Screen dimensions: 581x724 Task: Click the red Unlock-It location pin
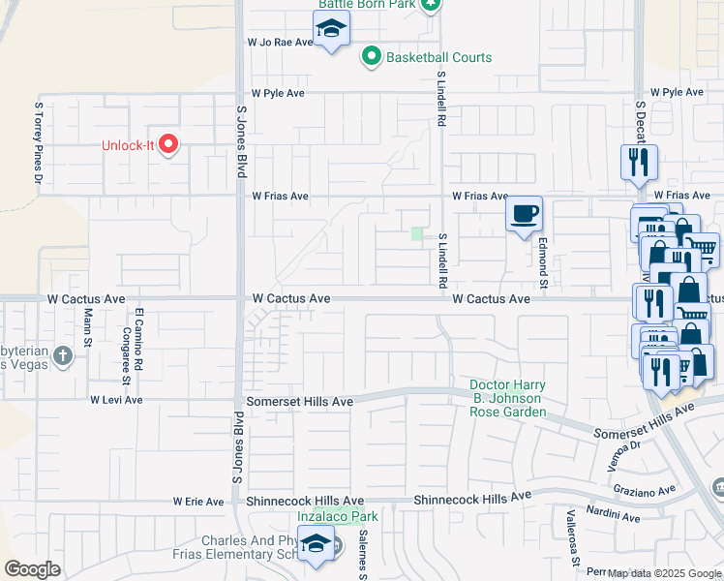click(x=168, y=145)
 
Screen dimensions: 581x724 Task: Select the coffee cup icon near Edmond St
click(x=524, y=214)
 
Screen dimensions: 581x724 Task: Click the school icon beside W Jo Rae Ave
click(x=331, y=32)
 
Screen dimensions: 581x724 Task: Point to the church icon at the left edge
click(x=63, y=355)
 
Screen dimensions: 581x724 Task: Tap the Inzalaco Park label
click(x=338, y=516)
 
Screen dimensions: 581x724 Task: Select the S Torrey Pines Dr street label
click(x=39, y=142)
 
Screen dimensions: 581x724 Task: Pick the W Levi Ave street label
click(x=116, y=399)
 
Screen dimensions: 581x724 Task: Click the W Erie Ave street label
click(x=199, y=502)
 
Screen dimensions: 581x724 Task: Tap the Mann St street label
click(x=86, y=328)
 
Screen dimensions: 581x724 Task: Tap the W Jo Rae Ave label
click(x=281, y=43)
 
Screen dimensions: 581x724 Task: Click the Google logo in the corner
click(x=32, y=569)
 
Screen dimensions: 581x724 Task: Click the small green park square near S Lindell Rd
click(x=417, y=233)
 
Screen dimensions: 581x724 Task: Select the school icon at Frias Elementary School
click(x=316, y=544)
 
